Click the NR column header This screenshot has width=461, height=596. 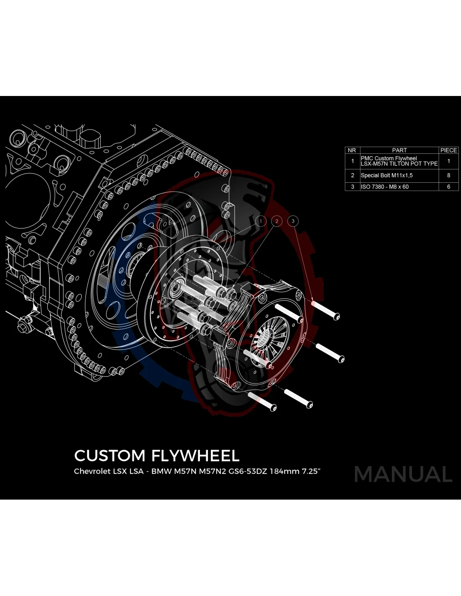pos(352,150)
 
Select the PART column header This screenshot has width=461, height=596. pos(399,150)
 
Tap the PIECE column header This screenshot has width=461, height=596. pos(448,150)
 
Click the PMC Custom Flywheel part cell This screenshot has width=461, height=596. pos(399,161)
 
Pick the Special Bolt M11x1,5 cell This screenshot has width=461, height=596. pos(386,175)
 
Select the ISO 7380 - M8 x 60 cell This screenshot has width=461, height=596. pos(385,187)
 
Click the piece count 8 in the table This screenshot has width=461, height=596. pos(448,175)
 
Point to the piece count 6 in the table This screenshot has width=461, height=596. pos(448,187)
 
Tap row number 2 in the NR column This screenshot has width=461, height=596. pos(352,175)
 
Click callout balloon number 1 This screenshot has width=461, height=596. pos(261,221)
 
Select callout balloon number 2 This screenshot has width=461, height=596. pos(277,221)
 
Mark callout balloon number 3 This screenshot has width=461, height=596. pos(293,221)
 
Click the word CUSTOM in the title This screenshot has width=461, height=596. pos(109,456)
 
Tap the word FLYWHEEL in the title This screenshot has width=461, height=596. pos(194,456)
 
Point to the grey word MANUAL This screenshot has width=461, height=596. pos(403,474)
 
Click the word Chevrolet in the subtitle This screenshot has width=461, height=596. pos(92,471)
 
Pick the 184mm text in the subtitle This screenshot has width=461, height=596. pos(285,471)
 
